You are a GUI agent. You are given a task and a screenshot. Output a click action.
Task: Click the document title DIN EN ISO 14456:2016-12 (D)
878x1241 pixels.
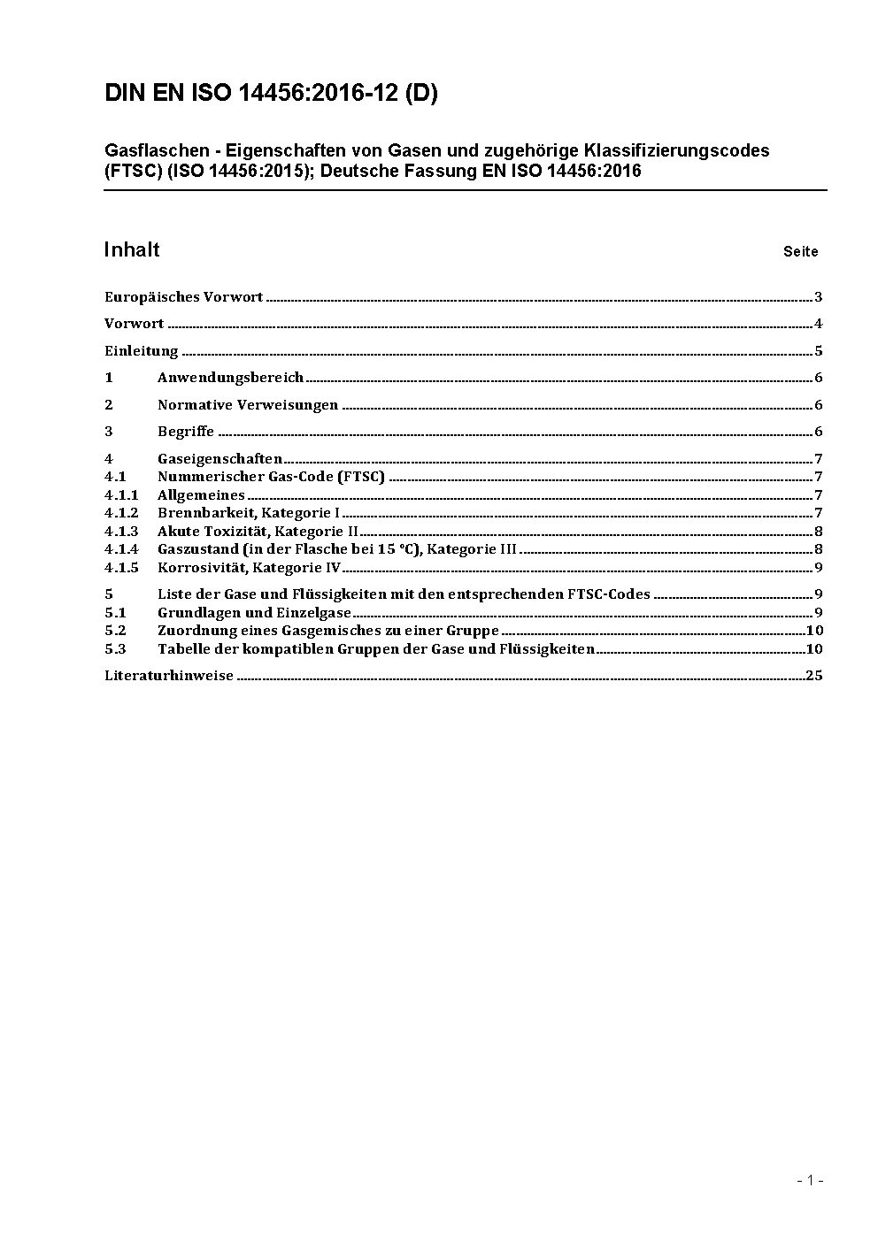[271, 94]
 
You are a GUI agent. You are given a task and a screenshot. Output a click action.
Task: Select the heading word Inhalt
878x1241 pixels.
[132, 249]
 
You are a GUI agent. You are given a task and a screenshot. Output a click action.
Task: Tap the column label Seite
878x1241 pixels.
[800, 252]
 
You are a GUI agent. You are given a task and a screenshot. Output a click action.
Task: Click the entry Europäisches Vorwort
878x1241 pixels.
[183, 297]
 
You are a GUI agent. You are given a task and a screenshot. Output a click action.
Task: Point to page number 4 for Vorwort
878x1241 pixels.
[819, 324]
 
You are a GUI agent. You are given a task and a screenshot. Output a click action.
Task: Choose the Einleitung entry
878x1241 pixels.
[142, 351]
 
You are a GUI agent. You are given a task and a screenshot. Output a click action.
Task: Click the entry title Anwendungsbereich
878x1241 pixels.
[230, 378]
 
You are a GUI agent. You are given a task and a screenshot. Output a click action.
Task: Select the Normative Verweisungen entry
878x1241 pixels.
[248, 405]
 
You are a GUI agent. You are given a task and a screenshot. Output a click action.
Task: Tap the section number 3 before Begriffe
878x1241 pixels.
[109, 432]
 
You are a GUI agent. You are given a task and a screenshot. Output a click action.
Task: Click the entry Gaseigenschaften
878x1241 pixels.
[219, 458]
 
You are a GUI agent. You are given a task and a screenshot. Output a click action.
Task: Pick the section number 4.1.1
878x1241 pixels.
[121, 495]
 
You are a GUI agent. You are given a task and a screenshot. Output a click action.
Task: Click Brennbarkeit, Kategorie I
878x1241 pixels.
[249, 513]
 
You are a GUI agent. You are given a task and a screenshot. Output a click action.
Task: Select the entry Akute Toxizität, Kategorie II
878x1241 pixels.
[258, 532]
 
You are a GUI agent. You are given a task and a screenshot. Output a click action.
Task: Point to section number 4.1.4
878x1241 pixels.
[121, 549]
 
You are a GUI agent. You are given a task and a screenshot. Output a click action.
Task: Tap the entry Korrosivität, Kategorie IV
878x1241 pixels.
[249, 568]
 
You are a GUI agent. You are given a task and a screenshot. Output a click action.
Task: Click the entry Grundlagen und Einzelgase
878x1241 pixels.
[254, 612]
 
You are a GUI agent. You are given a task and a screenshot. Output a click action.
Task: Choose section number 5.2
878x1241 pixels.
[115, 631]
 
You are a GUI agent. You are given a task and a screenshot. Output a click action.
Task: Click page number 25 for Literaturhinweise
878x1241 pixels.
[814, 676]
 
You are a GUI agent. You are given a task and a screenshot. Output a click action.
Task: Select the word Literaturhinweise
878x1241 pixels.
[169, 676]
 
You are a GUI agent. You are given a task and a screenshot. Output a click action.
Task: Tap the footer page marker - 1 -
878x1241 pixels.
[810, 1180]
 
